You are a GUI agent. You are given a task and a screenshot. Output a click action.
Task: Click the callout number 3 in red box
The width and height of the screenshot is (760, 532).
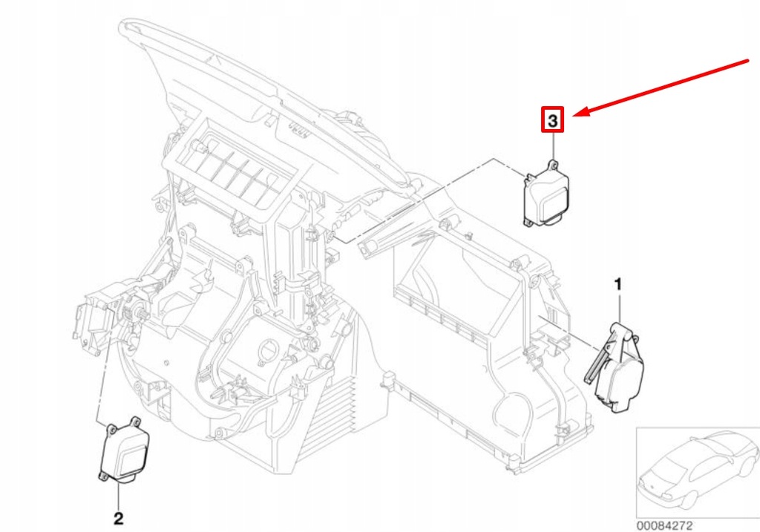553,119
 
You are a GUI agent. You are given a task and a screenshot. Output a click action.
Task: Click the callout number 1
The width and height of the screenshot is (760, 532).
617,283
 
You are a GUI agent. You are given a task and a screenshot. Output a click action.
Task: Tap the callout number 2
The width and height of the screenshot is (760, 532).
118,516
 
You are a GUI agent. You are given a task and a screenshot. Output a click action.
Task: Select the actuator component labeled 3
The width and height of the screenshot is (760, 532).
547,195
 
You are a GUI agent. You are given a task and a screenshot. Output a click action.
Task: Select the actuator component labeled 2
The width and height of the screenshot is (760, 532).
122,452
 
